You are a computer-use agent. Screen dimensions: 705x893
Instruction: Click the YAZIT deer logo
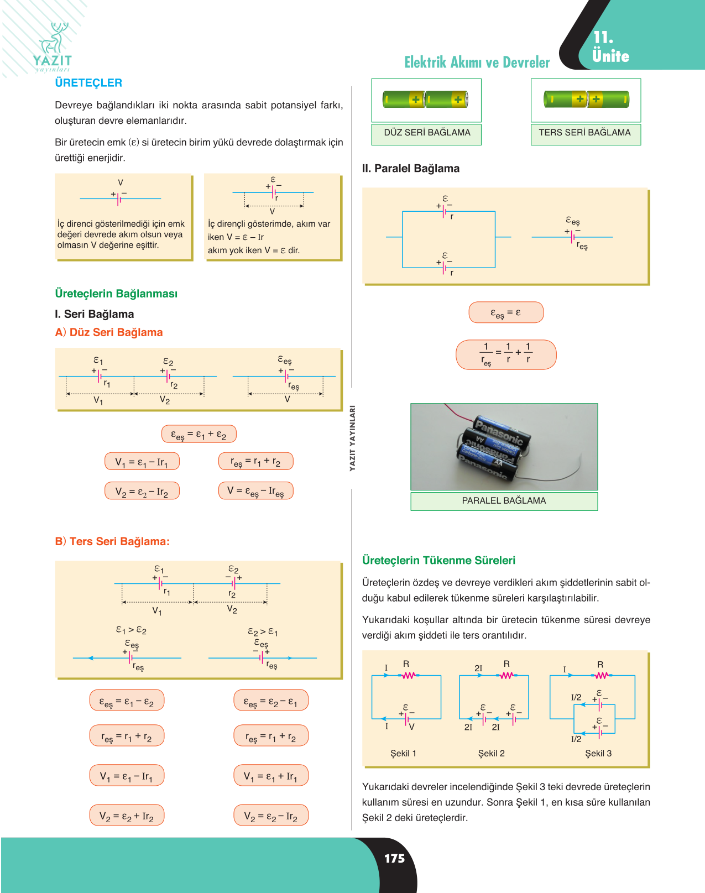click(53, 47)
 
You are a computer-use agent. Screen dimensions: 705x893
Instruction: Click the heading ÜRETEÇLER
click(88, 83)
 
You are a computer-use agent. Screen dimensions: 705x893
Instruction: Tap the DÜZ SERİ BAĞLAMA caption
click(427, 133)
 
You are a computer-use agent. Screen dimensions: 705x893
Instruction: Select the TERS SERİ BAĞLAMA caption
click(584, 133)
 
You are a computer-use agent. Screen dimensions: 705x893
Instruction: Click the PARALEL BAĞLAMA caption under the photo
click(504, 501)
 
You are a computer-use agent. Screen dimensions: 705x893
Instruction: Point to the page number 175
click(394, 858)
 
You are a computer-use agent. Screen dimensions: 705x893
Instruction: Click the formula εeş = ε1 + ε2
click(199, 434)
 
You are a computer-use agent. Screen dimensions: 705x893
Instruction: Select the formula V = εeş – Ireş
click(255, 491)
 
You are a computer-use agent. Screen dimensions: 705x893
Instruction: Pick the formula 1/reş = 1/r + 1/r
click(506, 355)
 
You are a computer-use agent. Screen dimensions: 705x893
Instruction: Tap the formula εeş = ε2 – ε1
click(270, 701)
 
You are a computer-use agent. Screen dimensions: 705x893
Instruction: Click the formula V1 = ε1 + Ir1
click(270, 776)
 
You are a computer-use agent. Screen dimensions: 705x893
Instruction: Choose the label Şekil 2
click(492, 754)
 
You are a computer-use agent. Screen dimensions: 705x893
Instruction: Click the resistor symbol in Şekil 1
click(409, 676)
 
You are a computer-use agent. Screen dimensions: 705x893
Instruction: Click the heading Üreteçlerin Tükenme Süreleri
click(438, 560)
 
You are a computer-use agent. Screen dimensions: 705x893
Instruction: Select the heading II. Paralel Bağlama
click(410, 169)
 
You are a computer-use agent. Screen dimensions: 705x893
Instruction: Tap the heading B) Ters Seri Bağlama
click(112, 541)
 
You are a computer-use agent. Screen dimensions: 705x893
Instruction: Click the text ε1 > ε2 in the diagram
click(131, 630)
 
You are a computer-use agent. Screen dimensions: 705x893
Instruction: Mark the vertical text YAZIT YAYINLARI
click(352, 438)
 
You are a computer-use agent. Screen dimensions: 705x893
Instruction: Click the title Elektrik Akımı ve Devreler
click(477, 62)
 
